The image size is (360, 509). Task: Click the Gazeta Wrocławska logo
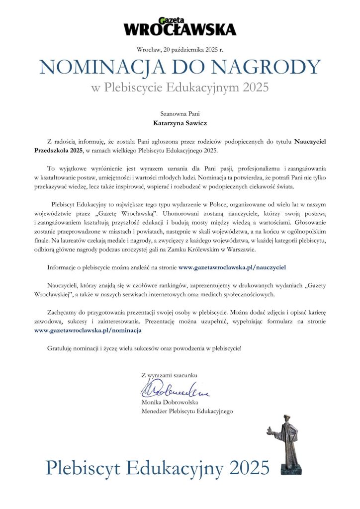180,26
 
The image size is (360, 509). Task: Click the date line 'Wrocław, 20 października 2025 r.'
180,49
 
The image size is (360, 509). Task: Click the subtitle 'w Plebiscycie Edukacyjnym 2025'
180,88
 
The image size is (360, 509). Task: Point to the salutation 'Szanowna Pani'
180,114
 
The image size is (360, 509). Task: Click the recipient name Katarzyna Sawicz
180,123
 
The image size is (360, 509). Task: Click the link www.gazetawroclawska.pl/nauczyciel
232,267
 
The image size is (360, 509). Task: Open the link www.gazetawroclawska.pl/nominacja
88,330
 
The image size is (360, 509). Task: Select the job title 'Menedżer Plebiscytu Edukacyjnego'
187,411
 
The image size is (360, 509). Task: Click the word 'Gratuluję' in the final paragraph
60,348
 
